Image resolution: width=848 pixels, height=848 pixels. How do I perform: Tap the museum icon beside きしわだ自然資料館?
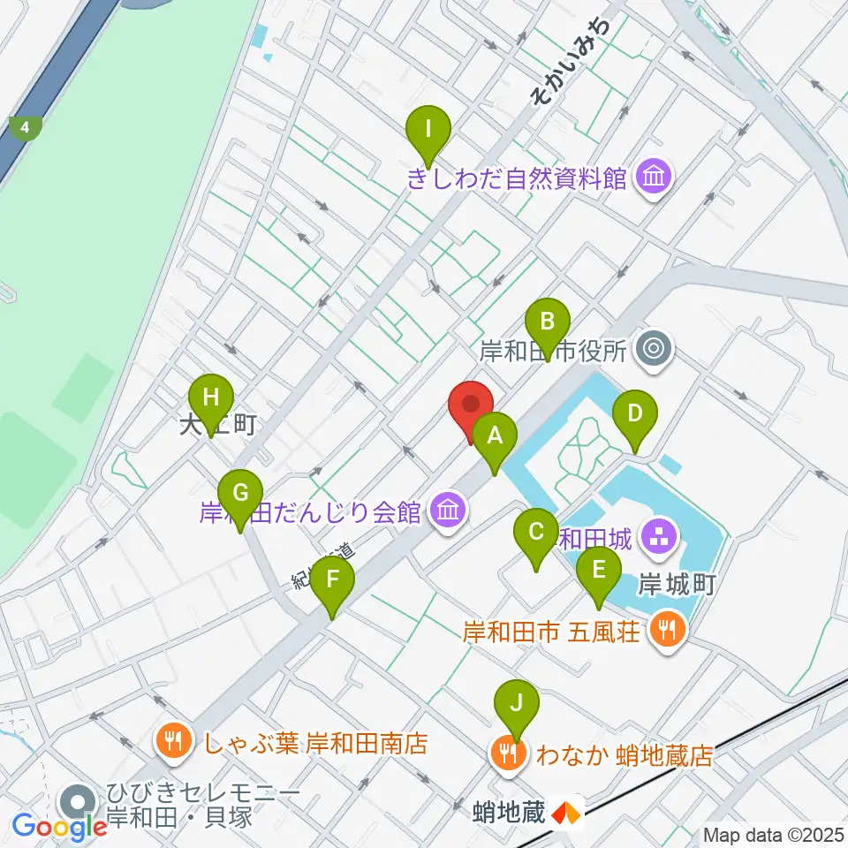pyautogui.click(x=654, y=179)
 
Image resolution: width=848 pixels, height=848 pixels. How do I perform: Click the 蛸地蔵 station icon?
pyautogui.click(x=566, y=811)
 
